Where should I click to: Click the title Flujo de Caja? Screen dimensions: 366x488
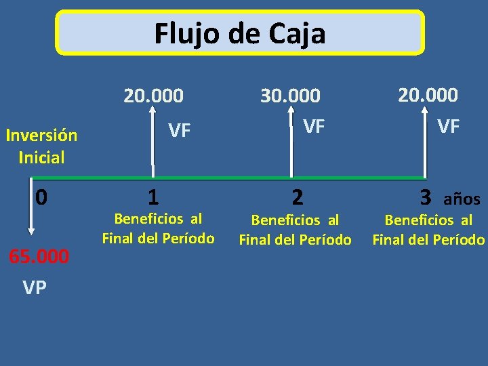point(240,33)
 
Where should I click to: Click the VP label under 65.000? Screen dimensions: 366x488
point(35,287)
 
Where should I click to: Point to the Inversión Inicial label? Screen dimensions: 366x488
point(41,146)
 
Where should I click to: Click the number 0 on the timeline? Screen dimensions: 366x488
point(41,197)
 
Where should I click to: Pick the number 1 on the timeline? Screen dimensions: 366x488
point(154,197)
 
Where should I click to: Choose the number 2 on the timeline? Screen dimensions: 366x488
point(297,197)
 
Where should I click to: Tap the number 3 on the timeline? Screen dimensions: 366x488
point(426,197)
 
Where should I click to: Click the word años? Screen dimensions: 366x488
point(462,199)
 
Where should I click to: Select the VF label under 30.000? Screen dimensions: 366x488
point(314,126)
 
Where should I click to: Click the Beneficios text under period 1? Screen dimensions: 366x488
point(158,228)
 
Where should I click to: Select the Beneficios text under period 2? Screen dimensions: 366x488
point(295,230)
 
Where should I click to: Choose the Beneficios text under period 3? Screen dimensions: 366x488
point(429,230)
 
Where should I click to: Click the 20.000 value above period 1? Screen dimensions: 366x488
point(153,96)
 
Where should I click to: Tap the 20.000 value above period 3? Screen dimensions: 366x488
point(428,95)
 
